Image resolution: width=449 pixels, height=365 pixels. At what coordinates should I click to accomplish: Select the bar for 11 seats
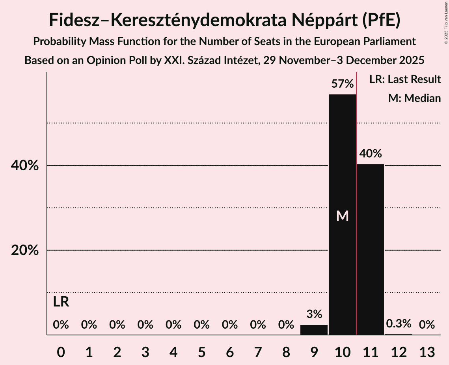click(x=370, y=249)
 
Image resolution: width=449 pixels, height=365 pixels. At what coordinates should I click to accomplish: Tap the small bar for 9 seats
click(x=314, y=330)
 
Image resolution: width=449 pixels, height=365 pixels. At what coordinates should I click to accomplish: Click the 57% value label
click(x=342, y=84)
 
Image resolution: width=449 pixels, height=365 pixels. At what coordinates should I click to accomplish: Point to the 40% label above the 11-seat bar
click(x=370, y=154)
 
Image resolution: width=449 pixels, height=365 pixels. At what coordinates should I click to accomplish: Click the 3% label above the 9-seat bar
click(x=314, y=314)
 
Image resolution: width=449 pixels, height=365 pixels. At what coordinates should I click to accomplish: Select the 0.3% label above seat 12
click(x=399, y=324)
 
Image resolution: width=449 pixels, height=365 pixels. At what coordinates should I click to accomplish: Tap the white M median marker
click(x=342, y=216)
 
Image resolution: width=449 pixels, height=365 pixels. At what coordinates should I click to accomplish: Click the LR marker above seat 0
click(x=61, y=302)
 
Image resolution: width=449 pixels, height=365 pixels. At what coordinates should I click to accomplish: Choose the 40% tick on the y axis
click(x=25, y=166)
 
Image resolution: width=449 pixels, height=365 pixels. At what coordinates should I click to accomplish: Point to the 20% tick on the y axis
click(x=25, y=250)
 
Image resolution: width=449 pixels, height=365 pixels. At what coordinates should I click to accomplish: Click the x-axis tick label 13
click(x=427, y=352)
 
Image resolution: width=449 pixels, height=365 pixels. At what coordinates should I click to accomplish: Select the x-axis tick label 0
click(x=61, y=352)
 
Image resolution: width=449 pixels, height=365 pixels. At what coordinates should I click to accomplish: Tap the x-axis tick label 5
click(x=201, y=352)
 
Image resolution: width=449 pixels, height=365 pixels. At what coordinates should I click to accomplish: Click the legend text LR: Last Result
click(x=405, y=79)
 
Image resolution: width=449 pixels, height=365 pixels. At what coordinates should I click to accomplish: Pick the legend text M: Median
click(x=414, y=98)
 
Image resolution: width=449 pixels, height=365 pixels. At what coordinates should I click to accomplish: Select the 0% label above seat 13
click(x=427, y=325)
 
